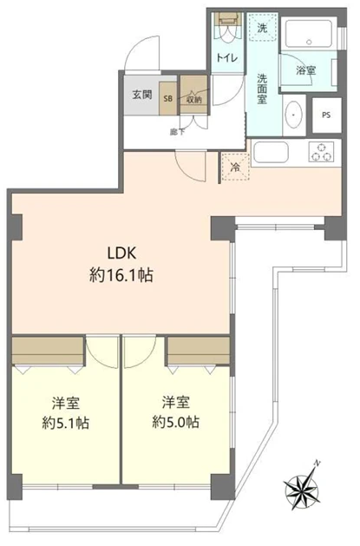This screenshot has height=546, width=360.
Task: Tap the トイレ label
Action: click(227, 57)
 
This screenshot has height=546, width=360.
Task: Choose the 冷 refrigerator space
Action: click(233, 167)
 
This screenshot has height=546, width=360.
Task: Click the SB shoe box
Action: click(168, 99)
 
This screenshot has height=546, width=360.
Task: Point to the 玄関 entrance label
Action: click(142, 94)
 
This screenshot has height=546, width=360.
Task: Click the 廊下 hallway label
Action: click(176, 130)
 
